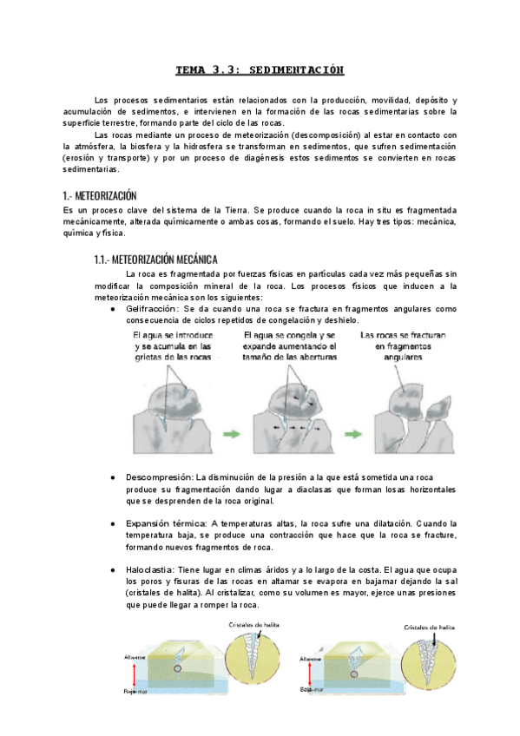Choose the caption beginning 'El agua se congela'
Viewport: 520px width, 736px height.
289,346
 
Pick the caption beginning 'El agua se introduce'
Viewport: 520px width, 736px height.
174,346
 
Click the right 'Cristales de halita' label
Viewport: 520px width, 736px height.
430,627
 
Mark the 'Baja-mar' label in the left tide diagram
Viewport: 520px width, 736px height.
135,693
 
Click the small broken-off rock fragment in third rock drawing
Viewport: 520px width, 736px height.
441,419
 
